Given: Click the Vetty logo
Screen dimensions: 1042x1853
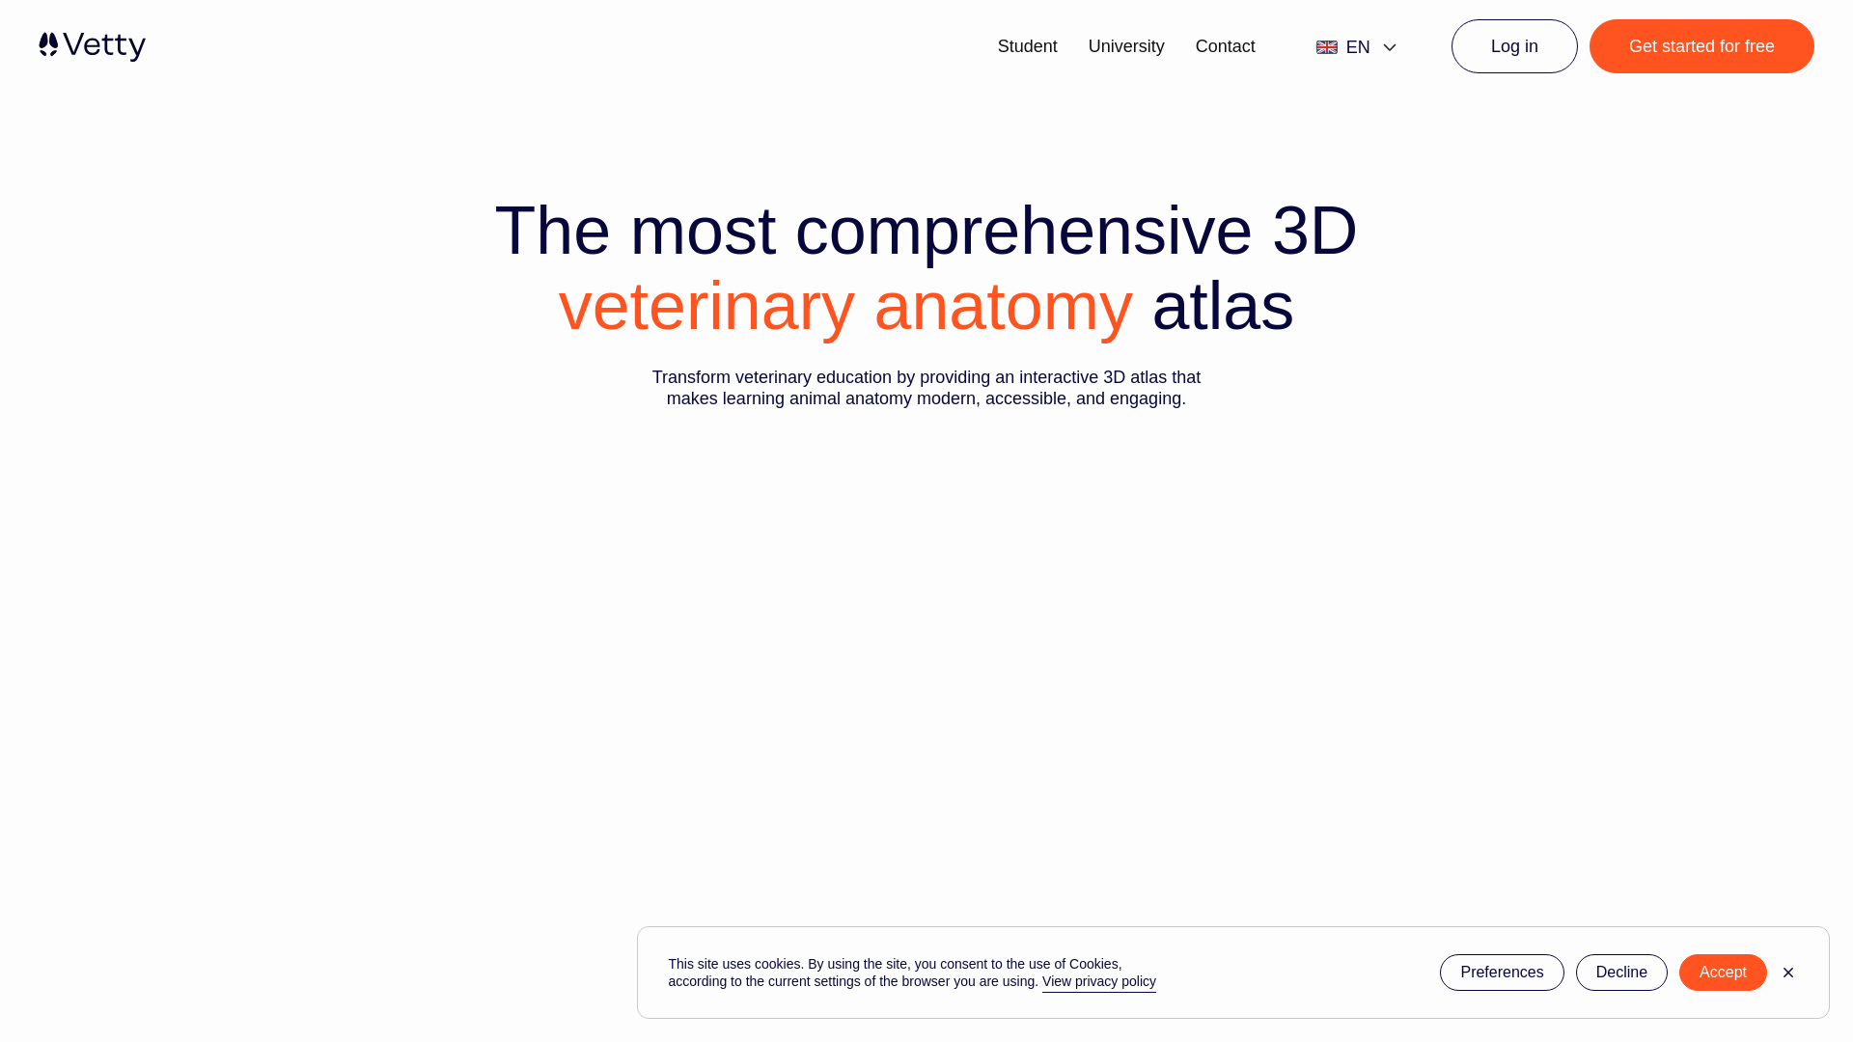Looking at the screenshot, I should click(x=92, y=46).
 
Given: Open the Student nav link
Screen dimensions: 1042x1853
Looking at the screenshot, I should click(x=1027, y=46).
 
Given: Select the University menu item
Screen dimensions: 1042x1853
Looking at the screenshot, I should click(x=1126, y=46).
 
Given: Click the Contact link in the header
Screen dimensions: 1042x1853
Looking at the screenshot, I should click(x=1225, y=46).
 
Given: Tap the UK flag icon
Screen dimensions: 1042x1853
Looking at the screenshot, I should click(x=1327, y=47).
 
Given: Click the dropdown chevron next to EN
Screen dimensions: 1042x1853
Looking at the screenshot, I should click(x=1390, y=47).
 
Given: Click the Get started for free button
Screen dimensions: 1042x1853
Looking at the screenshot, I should click(x=1701, y=46).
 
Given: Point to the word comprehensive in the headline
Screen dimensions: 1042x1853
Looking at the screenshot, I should click(x=1023, y=232).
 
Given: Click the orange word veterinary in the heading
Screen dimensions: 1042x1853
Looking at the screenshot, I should click(x=706, y=307).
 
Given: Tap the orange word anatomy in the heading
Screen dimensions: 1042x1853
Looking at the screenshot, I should click(x=1003, y=307).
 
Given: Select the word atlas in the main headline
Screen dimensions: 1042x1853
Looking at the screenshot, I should click(x=1222, y=307).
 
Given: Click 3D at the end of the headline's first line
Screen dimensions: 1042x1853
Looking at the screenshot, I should click(x=1314, y=232).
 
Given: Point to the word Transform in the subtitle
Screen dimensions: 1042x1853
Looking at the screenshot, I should click(x=691, y=377).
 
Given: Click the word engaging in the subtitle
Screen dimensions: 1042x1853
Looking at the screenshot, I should click(x=1145, y=398).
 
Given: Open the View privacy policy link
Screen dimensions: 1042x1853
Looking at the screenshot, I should click(x=1098, y=981).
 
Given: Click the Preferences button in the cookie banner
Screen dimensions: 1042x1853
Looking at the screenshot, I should click(x=1501, y=973).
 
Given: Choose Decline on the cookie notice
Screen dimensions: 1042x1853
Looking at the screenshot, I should click(x=1620, y=973).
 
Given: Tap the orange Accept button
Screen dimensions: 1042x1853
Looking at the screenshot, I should click(x=1722, y=973).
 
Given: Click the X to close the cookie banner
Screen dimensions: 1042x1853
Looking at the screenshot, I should click(x=1787, y=973).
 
